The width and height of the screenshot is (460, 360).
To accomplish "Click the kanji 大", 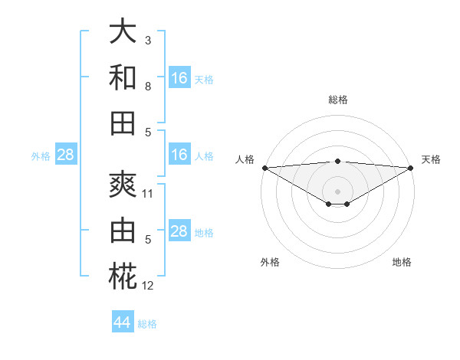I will (x=123, y=31).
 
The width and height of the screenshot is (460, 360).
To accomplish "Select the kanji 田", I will (x=123, y=122).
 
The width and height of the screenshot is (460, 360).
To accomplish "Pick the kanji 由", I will (x=123, y=231).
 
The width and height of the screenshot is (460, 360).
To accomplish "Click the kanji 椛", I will (x=123, y=276).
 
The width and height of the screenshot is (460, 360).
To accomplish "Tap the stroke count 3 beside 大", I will (x=147, y=40).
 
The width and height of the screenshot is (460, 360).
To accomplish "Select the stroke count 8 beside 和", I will (x=147, y=87).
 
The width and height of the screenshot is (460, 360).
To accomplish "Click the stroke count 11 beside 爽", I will (x=148, y=194).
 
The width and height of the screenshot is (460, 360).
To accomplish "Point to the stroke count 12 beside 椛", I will (x=148, y=286).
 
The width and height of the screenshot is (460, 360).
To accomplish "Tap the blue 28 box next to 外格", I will (x=66, y=155).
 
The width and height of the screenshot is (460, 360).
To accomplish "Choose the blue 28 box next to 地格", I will (x=179, y=231).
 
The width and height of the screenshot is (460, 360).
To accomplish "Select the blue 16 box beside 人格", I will (x=179, y=155).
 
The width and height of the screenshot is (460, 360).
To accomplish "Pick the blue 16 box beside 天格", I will (x=179, y=78).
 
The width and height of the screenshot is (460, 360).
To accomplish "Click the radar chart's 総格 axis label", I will (x=337, y=100).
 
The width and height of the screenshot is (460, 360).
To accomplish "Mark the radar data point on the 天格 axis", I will (x=411, y=168).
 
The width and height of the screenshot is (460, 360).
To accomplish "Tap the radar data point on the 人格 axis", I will (x=264, y=168).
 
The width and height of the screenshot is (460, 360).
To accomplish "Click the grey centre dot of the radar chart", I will (x=337, y=191).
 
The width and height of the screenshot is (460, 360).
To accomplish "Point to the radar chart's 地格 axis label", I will (x=402, y=262).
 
